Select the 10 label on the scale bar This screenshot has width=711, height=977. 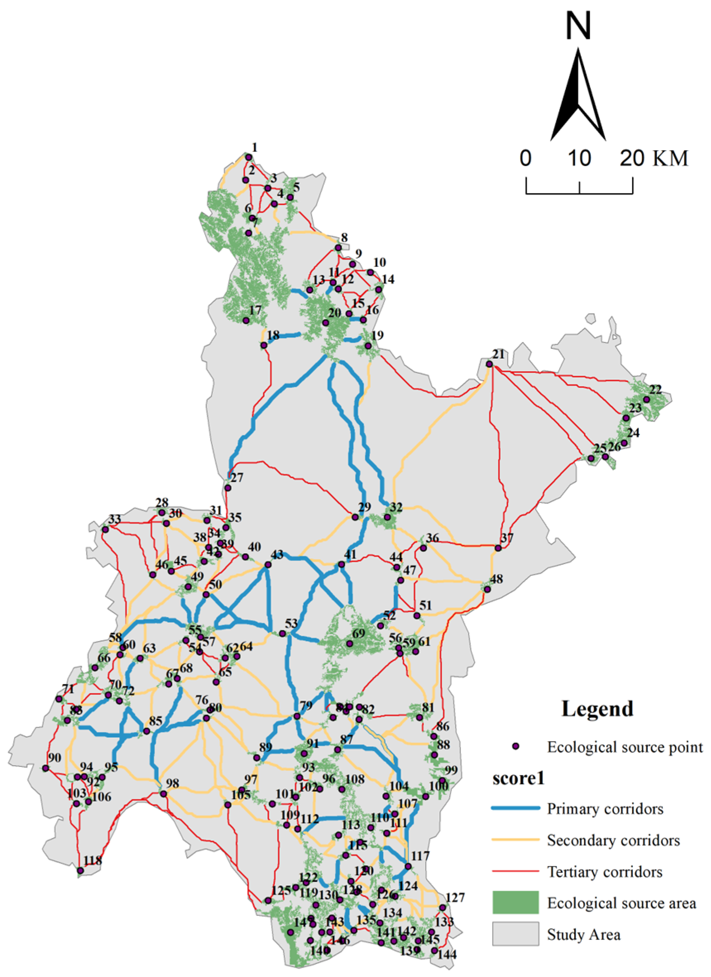click(579, 158)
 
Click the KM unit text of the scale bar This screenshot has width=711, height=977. click(670, 158)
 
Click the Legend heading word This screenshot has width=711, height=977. click(597, 708)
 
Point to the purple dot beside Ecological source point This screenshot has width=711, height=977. click(515, 747)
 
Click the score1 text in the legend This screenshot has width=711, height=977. click(518, 778)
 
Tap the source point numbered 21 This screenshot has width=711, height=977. click(489, 364)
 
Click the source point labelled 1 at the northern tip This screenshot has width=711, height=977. click(248, 157)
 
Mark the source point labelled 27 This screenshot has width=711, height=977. click(228, 487)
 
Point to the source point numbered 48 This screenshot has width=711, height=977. click(487, 589)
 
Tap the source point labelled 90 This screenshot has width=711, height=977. click(45, 768)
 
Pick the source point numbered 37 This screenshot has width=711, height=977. click(498, 548)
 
